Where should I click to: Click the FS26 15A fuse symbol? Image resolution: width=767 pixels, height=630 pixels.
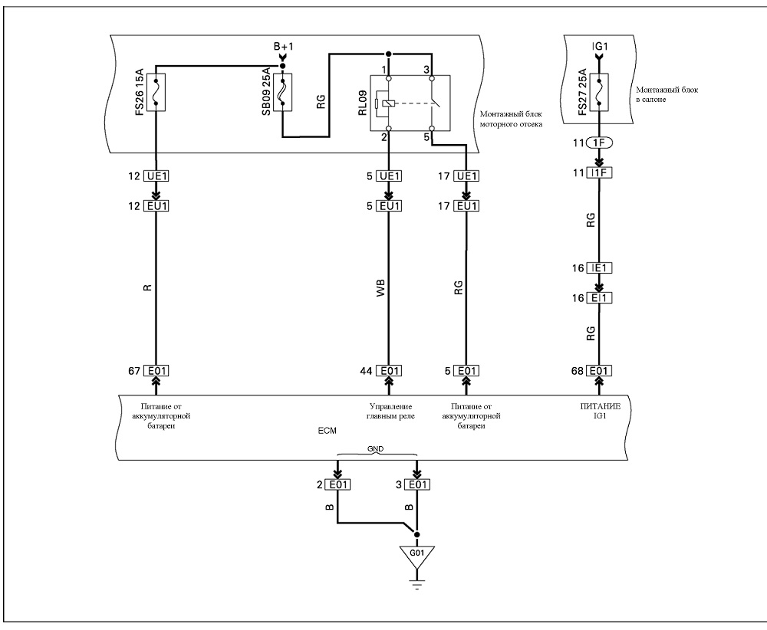tap(156, 93)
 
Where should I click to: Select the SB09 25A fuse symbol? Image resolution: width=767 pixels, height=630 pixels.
tap(282, 93)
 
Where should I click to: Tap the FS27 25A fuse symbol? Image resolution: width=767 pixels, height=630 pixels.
tap(599, 93)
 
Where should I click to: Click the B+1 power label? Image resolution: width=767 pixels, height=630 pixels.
tap(283, 47)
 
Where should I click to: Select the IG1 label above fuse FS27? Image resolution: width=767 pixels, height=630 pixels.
tap(600, 47)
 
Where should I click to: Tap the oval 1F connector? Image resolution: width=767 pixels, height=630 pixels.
tap(599, 143)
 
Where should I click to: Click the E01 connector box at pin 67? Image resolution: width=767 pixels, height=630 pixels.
tap(156, 371)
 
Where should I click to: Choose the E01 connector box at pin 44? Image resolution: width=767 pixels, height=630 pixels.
tap(389, 371)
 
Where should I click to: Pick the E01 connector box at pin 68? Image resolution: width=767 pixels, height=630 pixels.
tap(599, 371)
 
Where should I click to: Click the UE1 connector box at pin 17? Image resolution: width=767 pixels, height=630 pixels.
tap(466, 176)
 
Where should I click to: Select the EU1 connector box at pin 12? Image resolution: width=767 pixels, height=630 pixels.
tap(156, 206)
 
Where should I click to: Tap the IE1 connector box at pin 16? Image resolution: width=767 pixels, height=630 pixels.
tap(599, 267)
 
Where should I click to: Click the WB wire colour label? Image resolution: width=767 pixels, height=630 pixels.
tap(380, 288)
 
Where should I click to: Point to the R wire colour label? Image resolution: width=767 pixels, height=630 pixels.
tap(148, 288)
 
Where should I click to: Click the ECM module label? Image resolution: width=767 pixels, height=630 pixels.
tap(328, 431)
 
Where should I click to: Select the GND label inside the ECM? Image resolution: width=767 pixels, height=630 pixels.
tap(376, 448)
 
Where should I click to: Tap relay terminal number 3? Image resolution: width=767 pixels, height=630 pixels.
tap(426, 70)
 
